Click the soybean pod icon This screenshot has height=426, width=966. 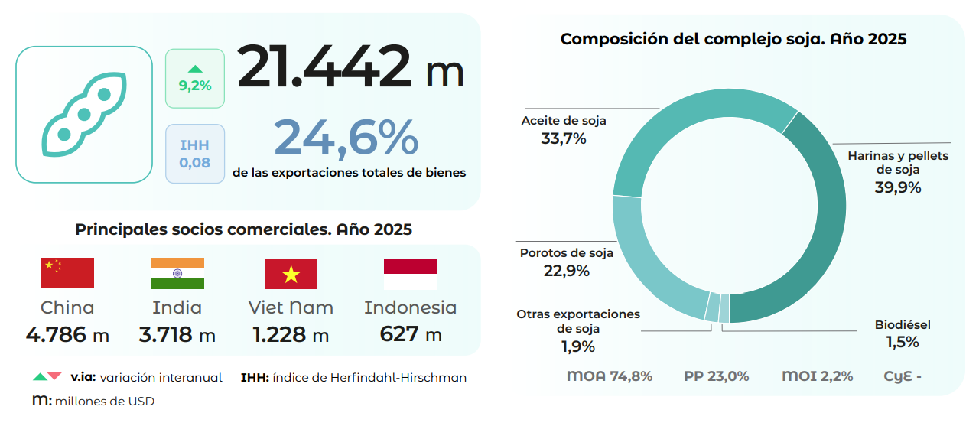[84, 115]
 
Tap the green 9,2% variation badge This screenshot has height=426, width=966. [195, 78]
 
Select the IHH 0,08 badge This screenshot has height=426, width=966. [194, 154]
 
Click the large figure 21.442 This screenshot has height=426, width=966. [324, 67]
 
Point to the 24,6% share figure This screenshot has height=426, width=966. [346, 138]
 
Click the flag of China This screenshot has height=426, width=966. [67, 273]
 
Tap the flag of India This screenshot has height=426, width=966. [177, 273]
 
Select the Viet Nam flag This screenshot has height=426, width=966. [291, 273]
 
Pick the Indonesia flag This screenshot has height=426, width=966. [410, 273]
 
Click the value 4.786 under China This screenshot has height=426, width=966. [58, 334]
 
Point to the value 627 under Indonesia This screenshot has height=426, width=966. [399, 334]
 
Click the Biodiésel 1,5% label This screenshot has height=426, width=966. [903, 334]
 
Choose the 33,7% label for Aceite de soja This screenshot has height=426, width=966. [563, 139]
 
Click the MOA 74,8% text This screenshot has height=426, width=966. [609, 376]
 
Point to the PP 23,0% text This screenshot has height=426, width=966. [716, 376]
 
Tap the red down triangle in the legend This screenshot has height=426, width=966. [54, 376]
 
